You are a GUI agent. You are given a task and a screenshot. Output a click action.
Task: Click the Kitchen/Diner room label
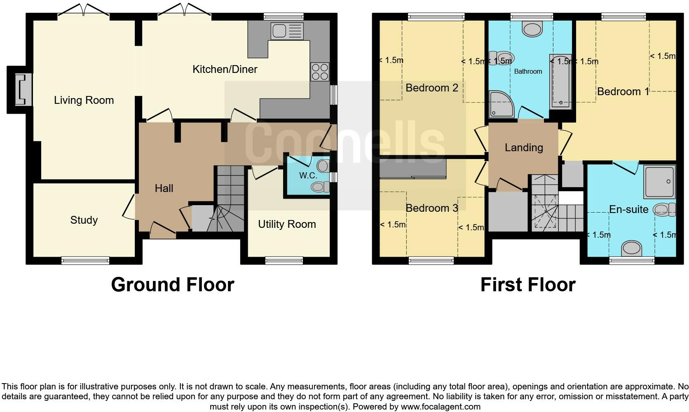[225, 69]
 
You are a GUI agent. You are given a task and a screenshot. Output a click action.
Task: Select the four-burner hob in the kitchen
[320, 72]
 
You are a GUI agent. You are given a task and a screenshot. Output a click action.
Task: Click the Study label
[84, 220]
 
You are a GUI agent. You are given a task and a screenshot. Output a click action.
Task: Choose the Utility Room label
[287, 224]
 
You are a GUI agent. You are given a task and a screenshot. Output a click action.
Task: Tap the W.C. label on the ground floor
[308, 176]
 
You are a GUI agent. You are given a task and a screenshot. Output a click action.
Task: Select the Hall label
[164, 188]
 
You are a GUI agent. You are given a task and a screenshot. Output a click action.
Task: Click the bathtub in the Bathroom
[560, 82]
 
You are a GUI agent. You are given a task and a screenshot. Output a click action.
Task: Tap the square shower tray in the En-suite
[659, 181]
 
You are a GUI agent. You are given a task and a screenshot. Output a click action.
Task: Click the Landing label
[524, 147]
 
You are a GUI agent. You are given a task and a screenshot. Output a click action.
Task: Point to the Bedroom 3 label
[431, 208]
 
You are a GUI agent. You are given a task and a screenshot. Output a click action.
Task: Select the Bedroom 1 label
[623, 91]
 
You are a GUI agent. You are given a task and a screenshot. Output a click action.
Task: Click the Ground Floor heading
[172, 285]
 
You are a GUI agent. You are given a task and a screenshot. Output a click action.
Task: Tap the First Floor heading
[527, 285]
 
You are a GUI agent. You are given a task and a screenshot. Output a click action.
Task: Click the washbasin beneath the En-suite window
[631, 248]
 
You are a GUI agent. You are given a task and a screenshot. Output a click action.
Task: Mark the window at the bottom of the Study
[85, 260]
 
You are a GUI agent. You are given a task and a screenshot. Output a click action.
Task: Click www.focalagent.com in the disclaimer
[441, 407]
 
